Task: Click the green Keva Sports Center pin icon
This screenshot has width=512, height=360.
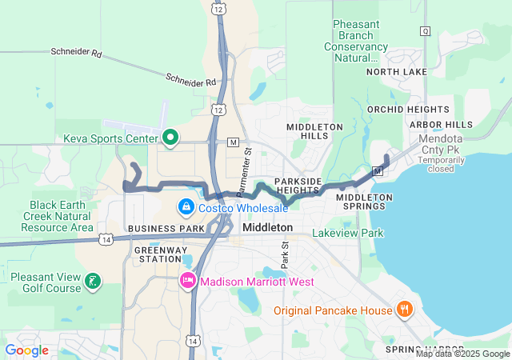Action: [170, 138]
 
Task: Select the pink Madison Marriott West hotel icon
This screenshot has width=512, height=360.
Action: [188, 281]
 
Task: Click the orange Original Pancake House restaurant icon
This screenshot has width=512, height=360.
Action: [405, 310]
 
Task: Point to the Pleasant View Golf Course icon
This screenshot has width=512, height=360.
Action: [94, 280]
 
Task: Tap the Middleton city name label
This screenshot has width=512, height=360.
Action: [267, 228]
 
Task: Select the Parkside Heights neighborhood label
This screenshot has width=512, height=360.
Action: [302, 186]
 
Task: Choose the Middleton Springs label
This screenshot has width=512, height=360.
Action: [364, 202]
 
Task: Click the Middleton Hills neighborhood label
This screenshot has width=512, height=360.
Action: [315, 132]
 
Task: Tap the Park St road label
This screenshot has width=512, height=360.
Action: [284, 255]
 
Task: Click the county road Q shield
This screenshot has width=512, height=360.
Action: [426, 31]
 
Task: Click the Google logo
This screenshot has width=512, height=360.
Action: [27, 350]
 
